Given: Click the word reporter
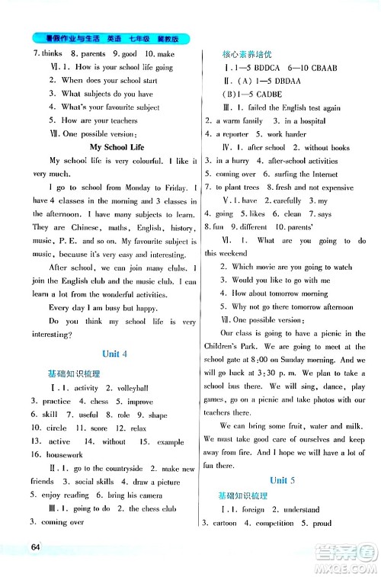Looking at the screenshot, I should [235, 134].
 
